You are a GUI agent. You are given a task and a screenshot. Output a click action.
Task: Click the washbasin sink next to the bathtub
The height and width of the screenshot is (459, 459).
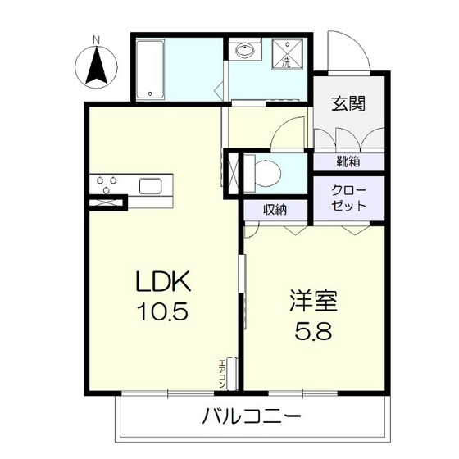tap(244, 51)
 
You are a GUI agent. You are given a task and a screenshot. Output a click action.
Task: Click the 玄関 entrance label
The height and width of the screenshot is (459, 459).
tap(348, 103)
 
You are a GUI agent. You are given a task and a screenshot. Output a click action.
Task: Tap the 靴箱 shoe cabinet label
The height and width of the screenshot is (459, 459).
tap(348, 161)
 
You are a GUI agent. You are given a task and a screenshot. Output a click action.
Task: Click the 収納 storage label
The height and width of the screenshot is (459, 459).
tap(275, 210)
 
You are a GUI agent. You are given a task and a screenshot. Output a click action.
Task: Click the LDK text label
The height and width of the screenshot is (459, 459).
tap(163, 284)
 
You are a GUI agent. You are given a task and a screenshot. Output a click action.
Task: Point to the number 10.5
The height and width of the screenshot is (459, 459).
tap(164, 314)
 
